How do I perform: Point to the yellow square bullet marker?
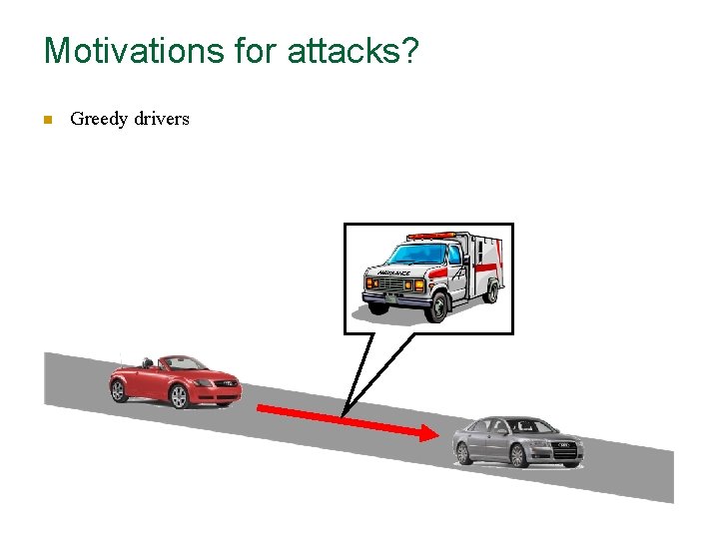(x=46, y=120)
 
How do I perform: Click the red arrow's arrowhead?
(x=427, y=433)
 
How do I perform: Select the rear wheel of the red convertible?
(x=119, y=390)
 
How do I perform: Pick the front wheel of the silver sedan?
(x=518, y=455)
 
